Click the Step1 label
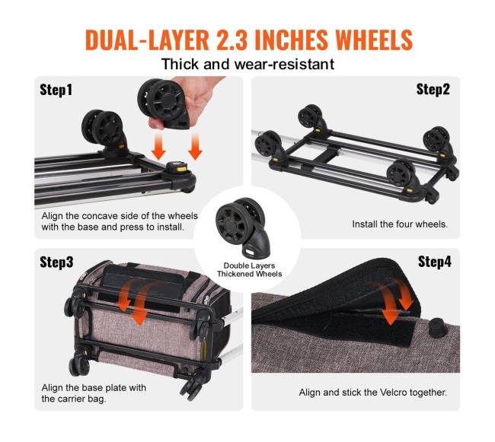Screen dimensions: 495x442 (56, 90)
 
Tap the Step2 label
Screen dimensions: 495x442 (433, 89)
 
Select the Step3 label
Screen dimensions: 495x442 (56, 262)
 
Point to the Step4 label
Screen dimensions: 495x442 (435, 262)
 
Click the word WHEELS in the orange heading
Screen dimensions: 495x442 (374, 40)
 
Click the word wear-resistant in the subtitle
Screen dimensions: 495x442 (284, 65)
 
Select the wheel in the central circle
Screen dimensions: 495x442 (243, 227)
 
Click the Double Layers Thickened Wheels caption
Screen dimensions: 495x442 (249, 270)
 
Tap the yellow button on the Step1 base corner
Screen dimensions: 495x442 (181, 169)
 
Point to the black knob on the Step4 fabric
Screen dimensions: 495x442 (438, 328)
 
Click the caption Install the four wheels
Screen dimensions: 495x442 (400, 224)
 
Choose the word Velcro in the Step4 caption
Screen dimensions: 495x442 (393, 393)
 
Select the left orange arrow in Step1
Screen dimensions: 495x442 (158, 146)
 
